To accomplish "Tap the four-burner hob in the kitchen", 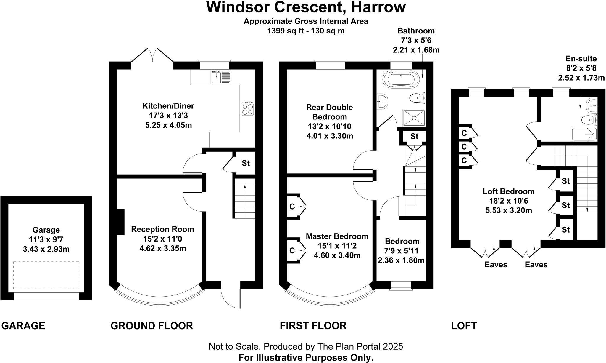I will (248, 108).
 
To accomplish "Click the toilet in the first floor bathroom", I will (417, 97).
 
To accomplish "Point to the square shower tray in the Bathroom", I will (414, 118).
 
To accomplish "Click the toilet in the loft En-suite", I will (589, 120).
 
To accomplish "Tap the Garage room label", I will (46, 230).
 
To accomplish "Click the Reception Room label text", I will (162, 229).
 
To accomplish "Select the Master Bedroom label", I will (337, 236).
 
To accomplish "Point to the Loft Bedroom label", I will (508, 191).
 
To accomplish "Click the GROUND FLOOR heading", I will (151, 326).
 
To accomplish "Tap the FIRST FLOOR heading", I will (313, 326).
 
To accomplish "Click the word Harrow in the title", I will (378, 7).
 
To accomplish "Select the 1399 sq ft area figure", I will (286, 31).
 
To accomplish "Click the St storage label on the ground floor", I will (246, 163).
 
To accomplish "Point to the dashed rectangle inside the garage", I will (46, 275).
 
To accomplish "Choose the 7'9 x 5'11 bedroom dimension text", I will (402, 251).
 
